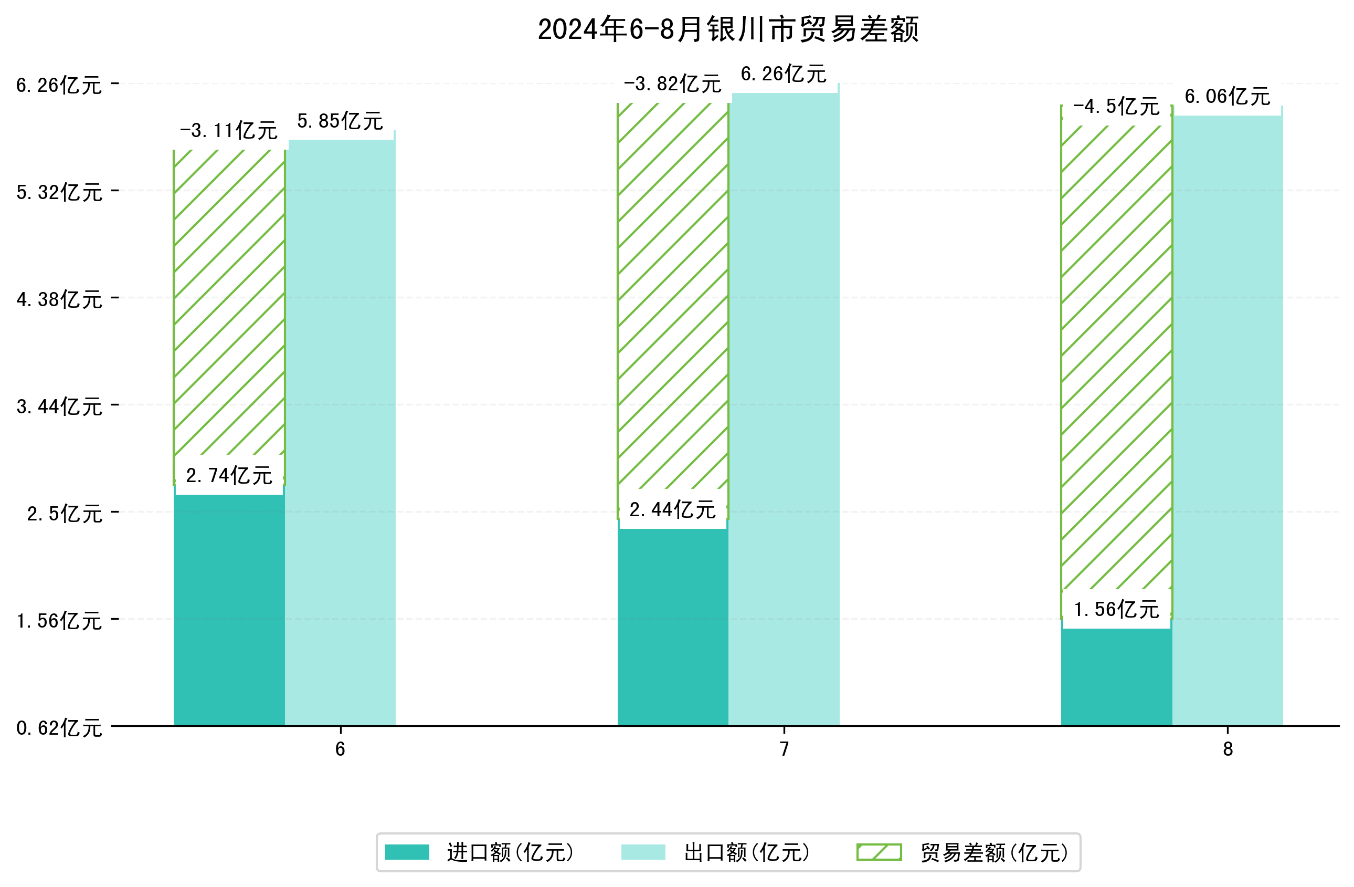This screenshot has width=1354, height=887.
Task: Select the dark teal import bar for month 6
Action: [229, 609]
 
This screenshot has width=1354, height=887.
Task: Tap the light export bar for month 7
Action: [784, 410]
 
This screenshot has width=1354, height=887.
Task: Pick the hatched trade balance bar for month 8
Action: [1116, 359]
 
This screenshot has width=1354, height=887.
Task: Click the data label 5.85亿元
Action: [340, 121]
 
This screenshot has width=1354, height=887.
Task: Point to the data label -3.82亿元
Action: [672, 84]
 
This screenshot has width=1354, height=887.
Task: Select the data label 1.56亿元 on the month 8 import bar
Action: [1116, 610]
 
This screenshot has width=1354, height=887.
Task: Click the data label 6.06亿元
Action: [1227, 97]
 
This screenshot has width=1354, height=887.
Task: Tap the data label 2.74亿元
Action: [229, 475]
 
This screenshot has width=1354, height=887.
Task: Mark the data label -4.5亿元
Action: [1116, 107]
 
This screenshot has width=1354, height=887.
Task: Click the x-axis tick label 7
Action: [784, 749]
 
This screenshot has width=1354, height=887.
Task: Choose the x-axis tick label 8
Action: [1228, 749]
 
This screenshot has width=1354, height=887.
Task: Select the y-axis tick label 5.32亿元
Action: [59, 192]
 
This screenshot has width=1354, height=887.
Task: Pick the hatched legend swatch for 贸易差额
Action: [879, 852]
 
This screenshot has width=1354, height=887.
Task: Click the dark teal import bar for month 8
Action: [1116, 677]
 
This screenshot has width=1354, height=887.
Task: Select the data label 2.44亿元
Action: [672, 509]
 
